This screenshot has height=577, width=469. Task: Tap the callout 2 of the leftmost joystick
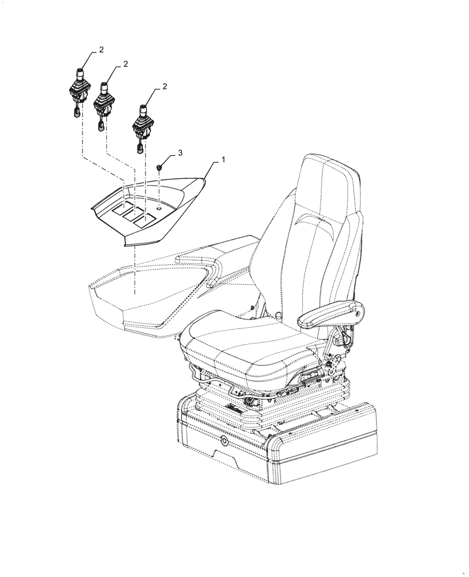101,50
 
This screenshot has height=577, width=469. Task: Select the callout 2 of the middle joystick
125,64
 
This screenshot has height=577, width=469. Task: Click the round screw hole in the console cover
158,207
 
